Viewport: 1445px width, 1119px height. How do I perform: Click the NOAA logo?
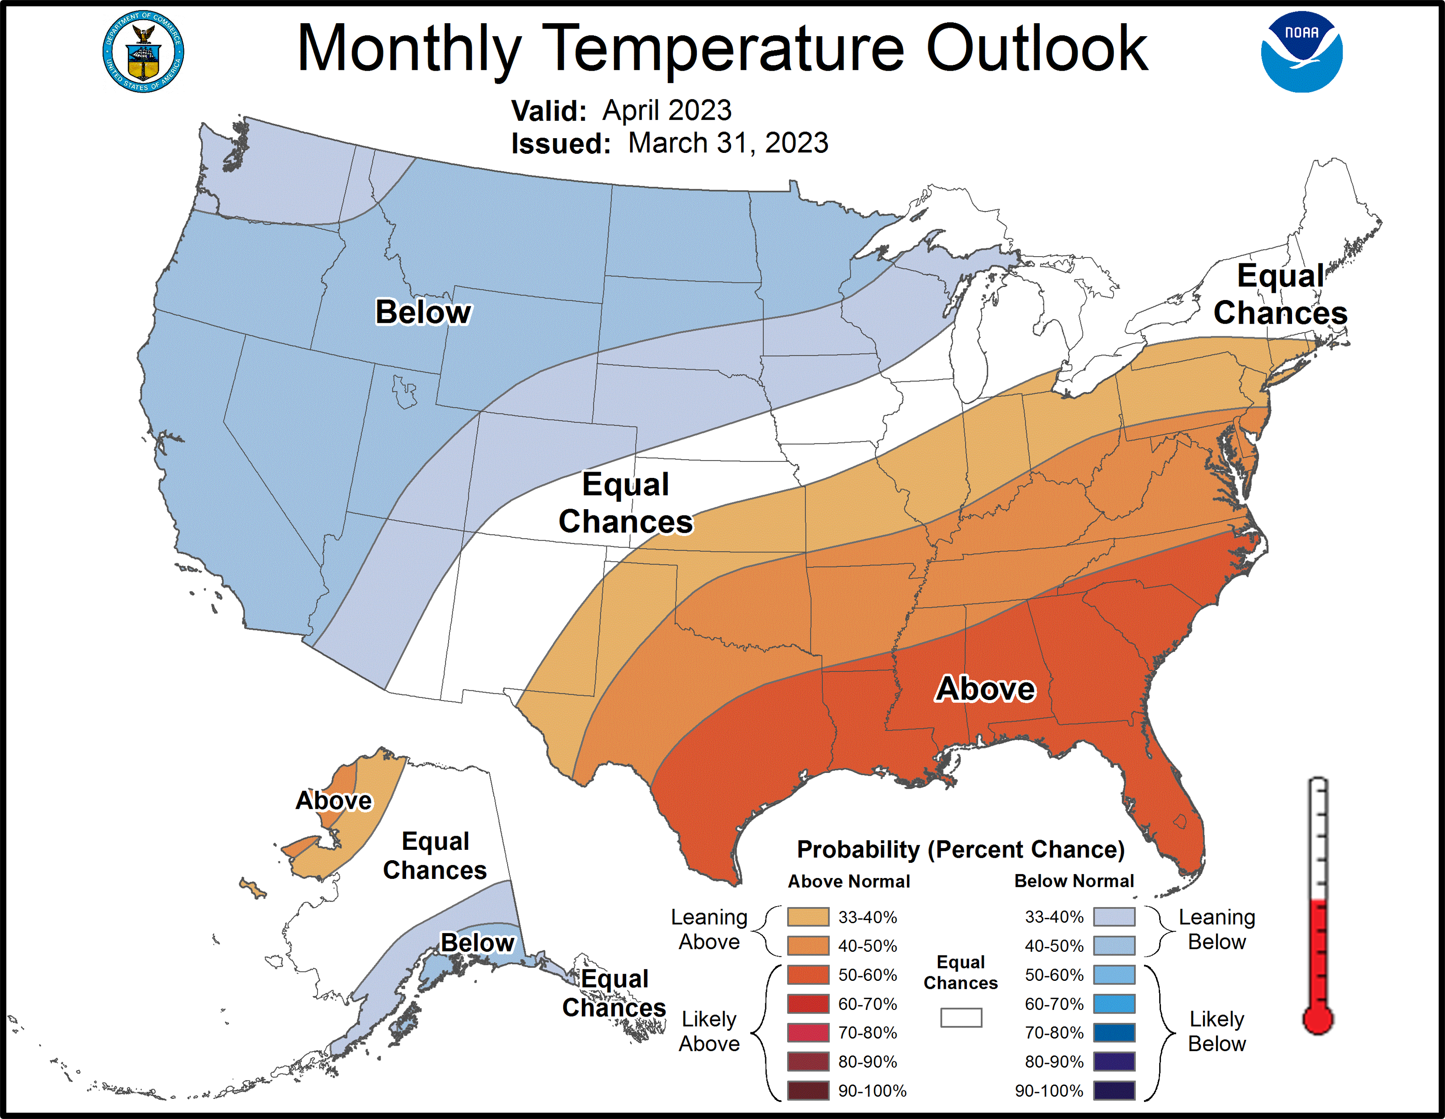[x=1301, y=51]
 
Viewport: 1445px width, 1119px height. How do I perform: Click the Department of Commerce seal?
[x=143, y=51]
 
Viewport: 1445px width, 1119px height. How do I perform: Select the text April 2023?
[x=666, y=110]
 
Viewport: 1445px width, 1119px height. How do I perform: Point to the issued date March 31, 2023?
[x=728, y=143]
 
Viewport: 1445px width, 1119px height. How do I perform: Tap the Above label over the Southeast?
[x=985, y=688]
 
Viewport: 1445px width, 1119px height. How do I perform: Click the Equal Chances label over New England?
[x=1280, y=294]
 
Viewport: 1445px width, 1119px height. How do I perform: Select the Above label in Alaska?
[x=334, y=800]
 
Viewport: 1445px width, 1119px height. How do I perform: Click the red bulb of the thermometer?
[x=1317, y=1020]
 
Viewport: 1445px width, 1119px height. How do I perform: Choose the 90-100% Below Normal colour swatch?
[x=1114, y=1090]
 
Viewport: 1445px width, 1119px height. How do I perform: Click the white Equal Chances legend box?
[x=961, y=1017]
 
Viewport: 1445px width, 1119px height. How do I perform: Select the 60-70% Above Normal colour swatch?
[x=808, y=1004]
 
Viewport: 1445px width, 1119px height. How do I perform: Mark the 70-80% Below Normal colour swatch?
[x=1114, y=1032]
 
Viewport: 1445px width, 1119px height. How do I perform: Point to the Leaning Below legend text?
[x=1217, y=929]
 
